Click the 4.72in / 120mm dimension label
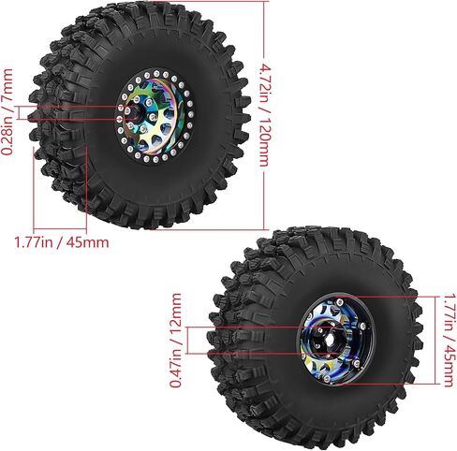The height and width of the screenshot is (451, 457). [x=265, y=115]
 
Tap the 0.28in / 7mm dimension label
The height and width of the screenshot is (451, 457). [x=7, y=112]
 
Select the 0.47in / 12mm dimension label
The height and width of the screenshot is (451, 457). [x=175, y=340]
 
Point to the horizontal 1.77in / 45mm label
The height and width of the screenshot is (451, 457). [x=62, y=242]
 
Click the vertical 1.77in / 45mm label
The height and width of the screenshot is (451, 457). [x=450, y=340]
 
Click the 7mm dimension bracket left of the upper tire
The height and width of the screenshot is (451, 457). [x=20, y=112]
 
